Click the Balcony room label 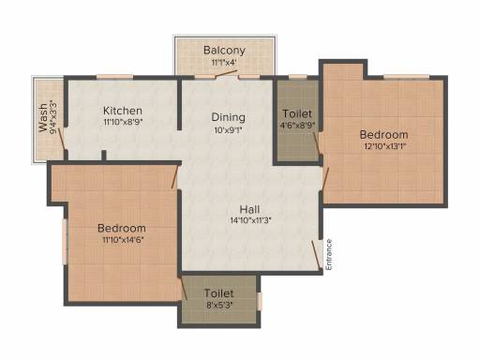tap(224, 50)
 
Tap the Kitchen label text tap(123, 111)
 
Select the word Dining tap(228, 117)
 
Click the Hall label tap(249, 209)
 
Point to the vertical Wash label tap(43, 118)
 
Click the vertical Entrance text tap(329, 255)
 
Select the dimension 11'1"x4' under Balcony tap(224, 63)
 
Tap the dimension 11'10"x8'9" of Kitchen tap(123, 122)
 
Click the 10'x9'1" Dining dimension tap(228, 130)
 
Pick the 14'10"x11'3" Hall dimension tap(250, 220)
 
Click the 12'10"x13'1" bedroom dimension tap(384, 146)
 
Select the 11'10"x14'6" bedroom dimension tap(123, 240)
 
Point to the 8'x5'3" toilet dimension tap(219, 305)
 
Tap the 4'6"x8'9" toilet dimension tap(297, 126)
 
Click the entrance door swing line tap(316, 255)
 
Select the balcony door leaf tap(226, 74)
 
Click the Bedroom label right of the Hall tap(383, 135)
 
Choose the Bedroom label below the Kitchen tap(122, 228)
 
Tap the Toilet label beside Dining tap(297, 113)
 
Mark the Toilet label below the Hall tap(218, 293)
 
